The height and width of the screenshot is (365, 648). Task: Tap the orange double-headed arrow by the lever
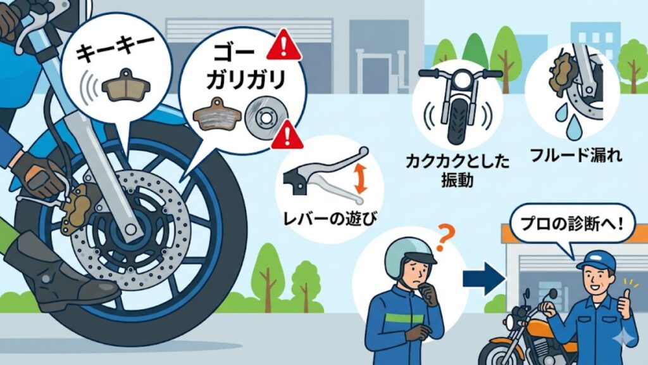pyautogui.click(x=361, y=177)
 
